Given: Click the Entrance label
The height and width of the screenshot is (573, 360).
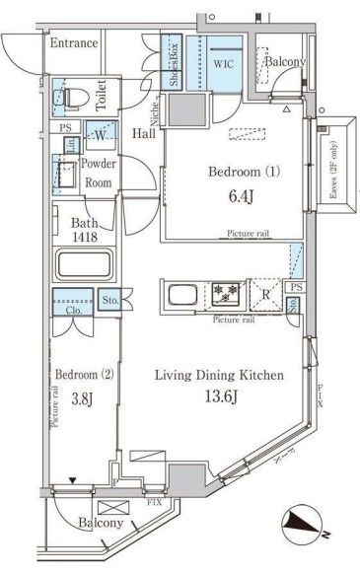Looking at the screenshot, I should tap(74, 43).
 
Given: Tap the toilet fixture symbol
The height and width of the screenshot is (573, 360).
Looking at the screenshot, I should tap(74, 96).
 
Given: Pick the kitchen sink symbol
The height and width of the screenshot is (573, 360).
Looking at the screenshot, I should tap(181, 295).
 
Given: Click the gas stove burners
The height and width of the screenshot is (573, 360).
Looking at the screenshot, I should tap(226, 294).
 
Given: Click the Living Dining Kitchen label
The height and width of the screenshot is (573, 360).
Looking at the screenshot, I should tap(219, 376).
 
